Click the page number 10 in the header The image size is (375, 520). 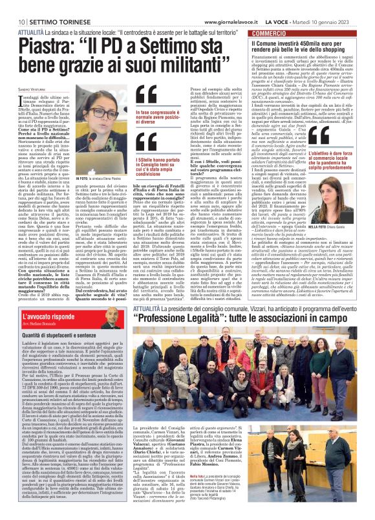coord(12,5)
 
